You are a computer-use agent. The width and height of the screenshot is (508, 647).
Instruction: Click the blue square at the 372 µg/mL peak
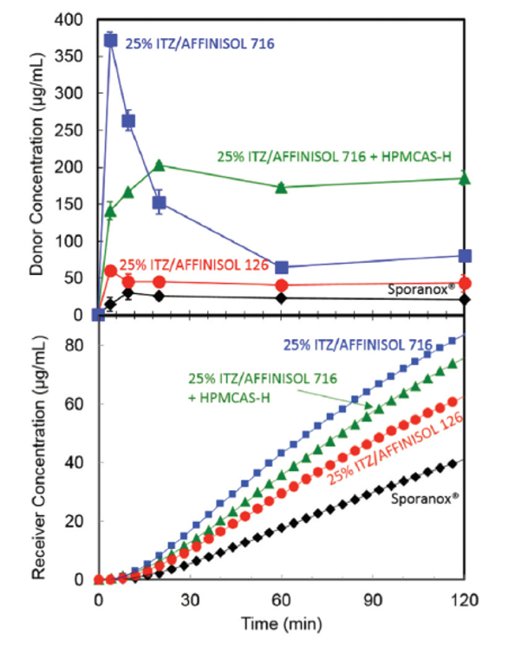[x=110, y=39]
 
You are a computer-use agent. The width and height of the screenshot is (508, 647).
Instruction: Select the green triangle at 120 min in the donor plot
[x=465, y=178]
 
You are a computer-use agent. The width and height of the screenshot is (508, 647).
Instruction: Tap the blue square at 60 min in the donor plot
[x=281, y=267]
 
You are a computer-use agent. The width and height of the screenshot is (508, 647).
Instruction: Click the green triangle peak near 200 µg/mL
[x=159, y=165]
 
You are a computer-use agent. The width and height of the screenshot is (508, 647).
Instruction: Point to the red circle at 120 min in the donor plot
[x=465, y=283]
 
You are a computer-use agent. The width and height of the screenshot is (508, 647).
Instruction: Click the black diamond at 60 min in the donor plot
[x=281, y=297]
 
